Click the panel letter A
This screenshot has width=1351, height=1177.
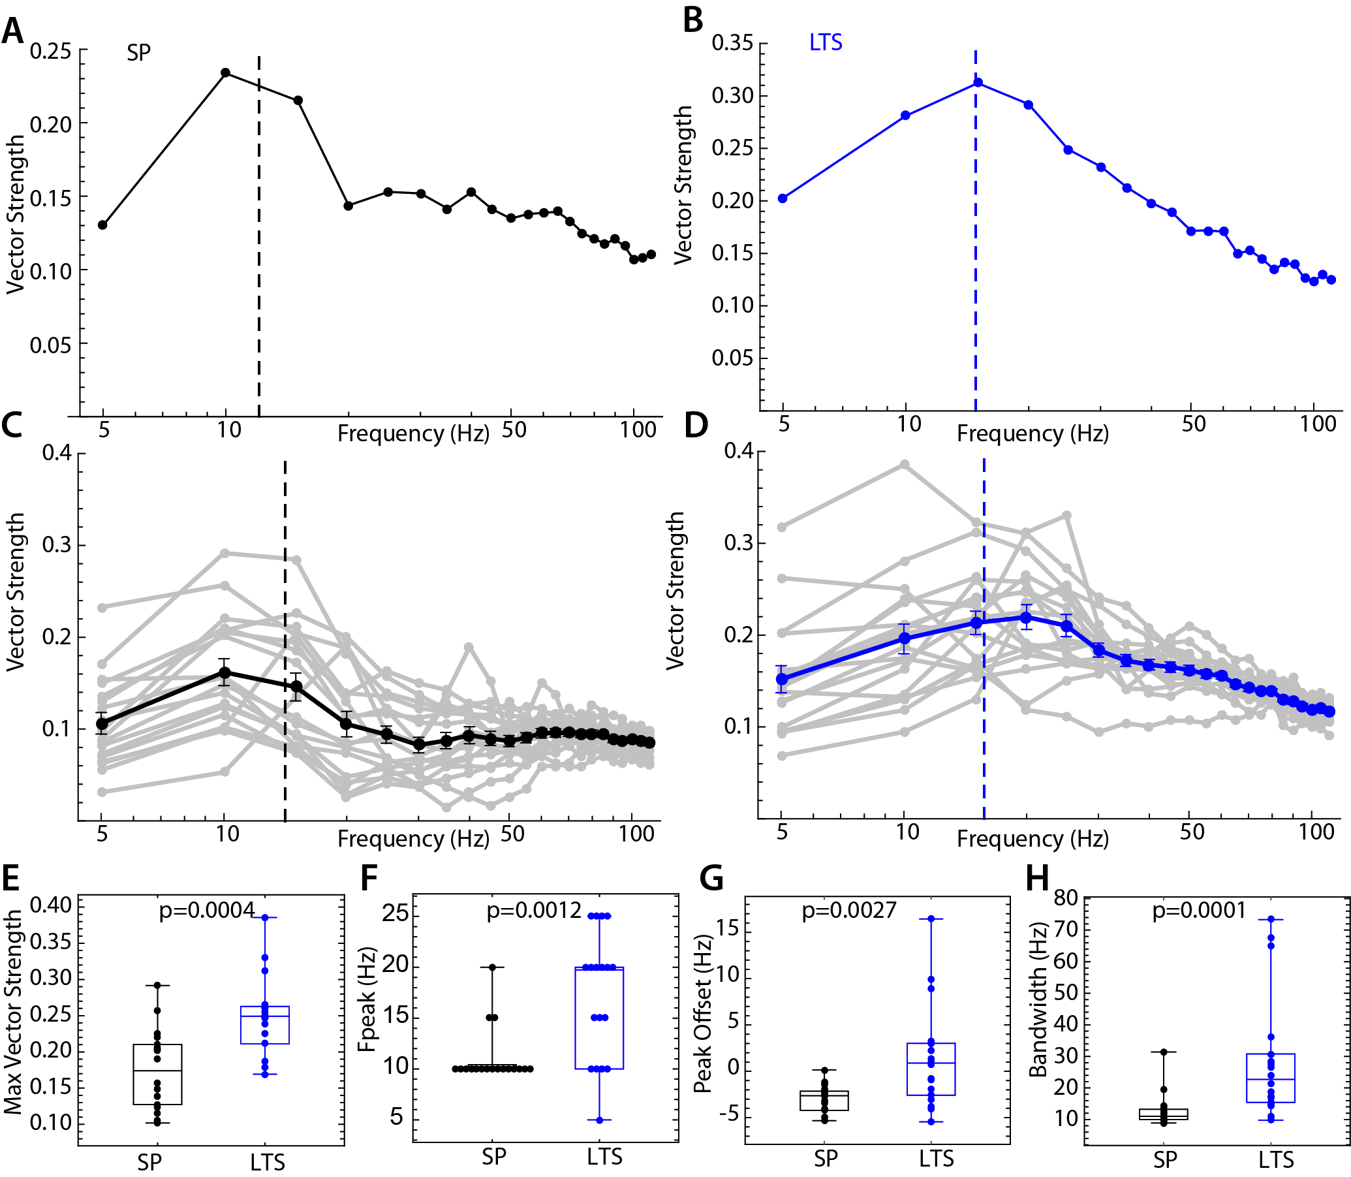(12, 31)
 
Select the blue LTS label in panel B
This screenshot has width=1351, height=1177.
(826, 42)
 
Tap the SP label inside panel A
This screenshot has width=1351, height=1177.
(138, 52)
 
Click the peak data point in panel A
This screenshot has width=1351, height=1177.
(225, 72)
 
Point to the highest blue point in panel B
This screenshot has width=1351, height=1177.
(978, 82)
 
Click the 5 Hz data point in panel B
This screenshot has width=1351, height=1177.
(783, 198)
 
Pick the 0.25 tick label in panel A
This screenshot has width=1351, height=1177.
(50, 50)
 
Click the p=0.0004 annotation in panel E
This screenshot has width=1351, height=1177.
(207, 911)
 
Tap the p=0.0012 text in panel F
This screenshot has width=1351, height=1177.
(534, 911)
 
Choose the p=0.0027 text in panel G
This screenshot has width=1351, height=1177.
(849, 911)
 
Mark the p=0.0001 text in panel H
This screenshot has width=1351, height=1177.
(1200, 911)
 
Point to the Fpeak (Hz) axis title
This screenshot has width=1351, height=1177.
(368, 999)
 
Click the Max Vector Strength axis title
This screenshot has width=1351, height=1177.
(14, 1011)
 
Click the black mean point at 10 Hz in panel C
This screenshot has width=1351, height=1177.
(225, 672)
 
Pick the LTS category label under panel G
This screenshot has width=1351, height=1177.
(936, 1159)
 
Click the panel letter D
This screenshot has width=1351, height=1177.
(696, 425)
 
